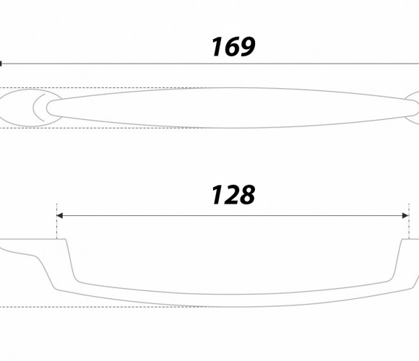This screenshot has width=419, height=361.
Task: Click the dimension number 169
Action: (x=233, y=47)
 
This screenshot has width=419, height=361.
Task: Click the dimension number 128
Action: (x=233, y=195)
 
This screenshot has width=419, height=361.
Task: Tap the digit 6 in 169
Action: (x=228, y=47)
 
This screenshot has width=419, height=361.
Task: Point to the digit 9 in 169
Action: (x=246, y=47)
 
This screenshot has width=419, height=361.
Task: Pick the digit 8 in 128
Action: (x=246, y=195)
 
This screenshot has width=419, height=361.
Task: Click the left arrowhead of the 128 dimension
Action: (x=60, y=215)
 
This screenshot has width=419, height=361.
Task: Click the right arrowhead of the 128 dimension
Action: (x=405, y=215)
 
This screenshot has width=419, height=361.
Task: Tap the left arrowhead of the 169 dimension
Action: (x=1, y=64)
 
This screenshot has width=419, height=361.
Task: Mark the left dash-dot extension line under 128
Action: (x=56, y=222)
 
